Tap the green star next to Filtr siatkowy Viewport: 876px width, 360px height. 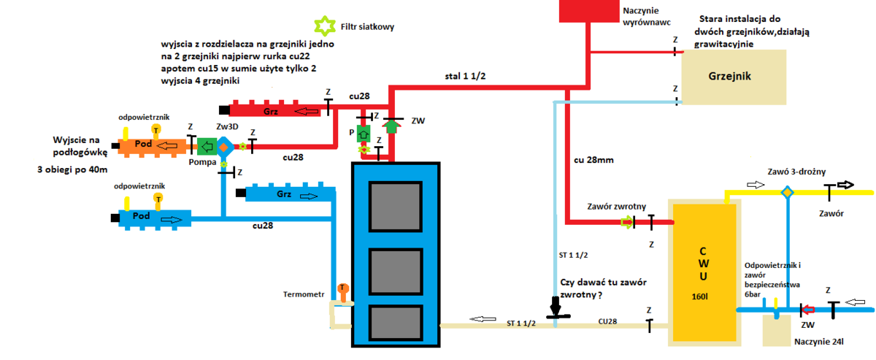[x=323, y=26]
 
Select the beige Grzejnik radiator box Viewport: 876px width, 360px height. [x=733, y=76]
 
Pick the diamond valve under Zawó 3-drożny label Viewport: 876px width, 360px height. [x=787, y=193]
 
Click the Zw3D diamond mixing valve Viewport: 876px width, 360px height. [x=225, y=147]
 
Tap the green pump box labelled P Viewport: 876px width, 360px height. [x=364, y=134]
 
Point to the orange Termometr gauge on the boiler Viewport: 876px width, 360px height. [x=342, y=291]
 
